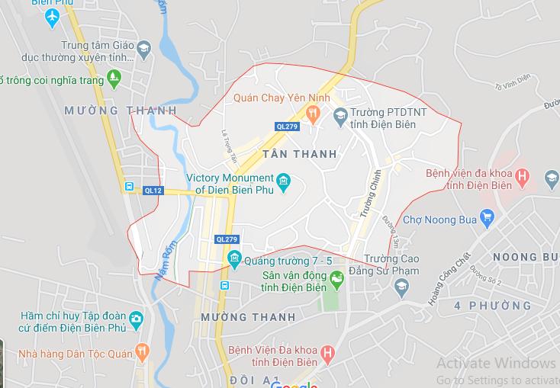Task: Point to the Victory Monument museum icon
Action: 284,181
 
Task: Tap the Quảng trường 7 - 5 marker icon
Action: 234,260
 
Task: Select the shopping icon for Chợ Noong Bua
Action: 486,220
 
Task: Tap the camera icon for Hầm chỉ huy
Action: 136,318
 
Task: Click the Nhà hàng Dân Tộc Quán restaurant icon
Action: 141,352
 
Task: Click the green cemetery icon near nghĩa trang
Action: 114,77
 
